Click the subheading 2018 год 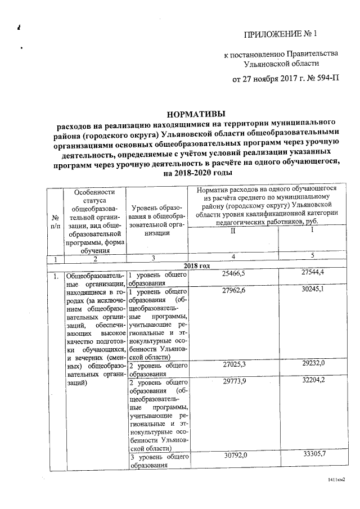[196, 265]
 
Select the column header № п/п [56, 222]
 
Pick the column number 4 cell [233, 257]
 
